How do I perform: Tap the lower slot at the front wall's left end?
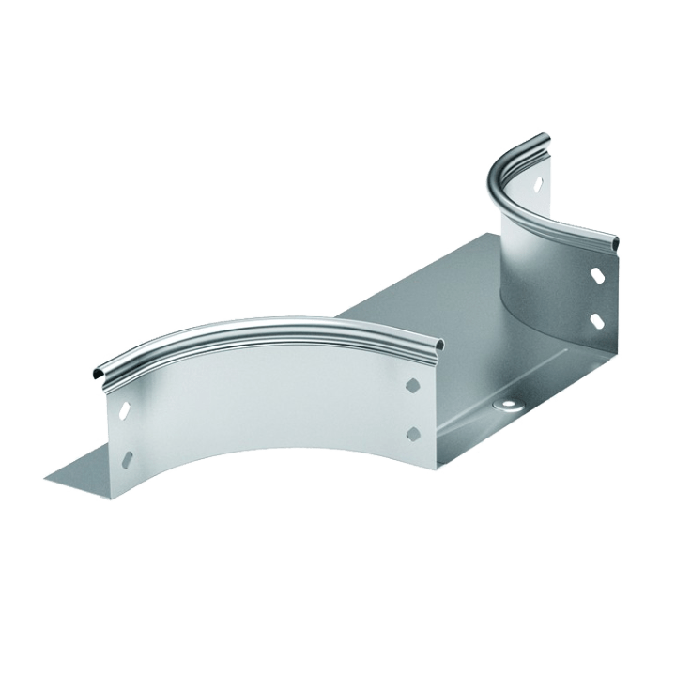128,461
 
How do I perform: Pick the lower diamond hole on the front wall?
411,432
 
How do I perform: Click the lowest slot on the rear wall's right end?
598,322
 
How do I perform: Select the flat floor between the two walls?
413,310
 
